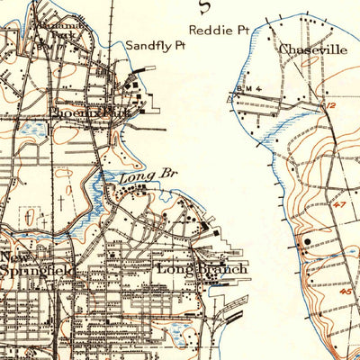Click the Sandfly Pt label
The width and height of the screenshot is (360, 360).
click(155, 43)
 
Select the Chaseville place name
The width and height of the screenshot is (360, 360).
click(312, 49)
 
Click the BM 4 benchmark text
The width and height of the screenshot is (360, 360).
click(247, 88)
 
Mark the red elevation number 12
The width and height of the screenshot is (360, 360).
click(330, 106)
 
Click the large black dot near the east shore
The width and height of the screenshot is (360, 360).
click(309, 241)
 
